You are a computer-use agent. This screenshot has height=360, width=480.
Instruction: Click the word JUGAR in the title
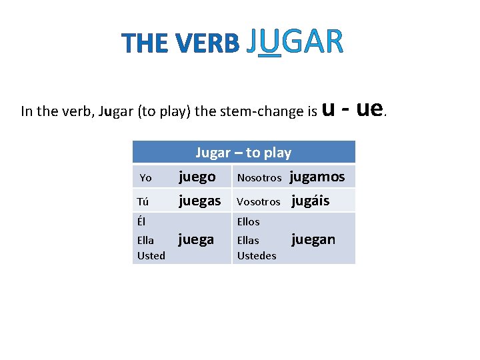pos(294,41)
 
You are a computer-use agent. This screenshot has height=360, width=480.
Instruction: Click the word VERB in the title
pos(209,44)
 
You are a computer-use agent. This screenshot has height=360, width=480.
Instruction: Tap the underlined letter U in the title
pos(269,41)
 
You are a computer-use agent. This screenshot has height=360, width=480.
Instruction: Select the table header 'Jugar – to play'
pos(243,153)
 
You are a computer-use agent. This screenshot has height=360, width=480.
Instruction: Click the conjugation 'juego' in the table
pos(197,177)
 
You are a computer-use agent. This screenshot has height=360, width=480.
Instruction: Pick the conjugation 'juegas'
pos(199,200)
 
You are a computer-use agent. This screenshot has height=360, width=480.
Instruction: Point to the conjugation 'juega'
pos(196,239)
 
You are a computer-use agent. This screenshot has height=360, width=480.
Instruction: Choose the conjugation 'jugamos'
pos(317,177)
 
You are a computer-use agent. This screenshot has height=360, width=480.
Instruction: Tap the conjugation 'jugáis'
pos(310,200)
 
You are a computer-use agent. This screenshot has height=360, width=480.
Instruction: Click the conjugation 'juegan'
pos(313,239)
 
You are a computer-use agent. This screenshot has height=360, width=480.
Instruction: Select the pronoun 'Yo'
pos(145,178)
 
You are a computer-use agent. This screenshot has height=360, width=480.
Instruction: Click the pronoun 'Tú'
pos(143,201)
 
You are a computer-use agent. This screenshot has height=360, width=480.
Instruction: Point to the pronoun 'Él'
pos(141,221)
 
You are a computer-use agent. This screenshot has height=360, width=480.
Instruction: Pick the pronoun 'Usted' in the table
pos(151,255)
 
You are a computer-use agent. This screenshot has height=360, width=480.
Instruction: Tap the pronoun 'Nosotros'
pos(259,178)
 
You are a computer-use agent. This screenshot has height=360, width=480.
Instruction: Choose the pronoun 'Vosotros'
pos(259,201)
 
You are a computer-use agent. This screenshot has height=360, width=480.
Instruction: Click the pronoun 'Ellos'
pos(249,221)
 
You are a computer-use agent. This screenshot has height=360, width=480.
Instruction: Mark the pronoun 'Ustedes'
pos(257,255)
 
